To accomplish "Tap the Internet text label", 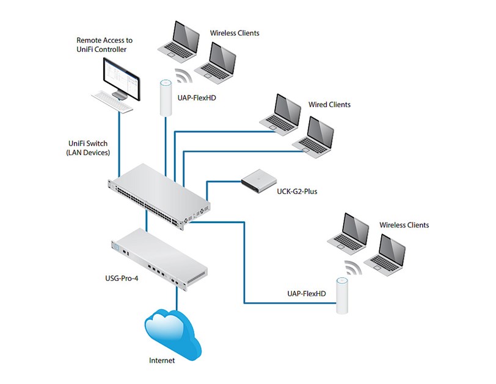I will point(162,360).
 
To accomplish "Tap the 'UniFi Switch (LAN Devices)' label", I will point(88,148).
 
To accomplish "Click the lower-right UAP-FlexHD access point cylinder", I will point(341,296).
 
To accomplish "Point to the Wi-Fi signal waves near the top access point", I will point(182,76).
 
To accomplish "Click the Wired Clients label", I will point(329,105).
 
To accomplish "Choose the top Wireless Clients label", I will point(235,33).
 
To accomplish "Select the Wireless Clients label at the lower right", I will point(404,225).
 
